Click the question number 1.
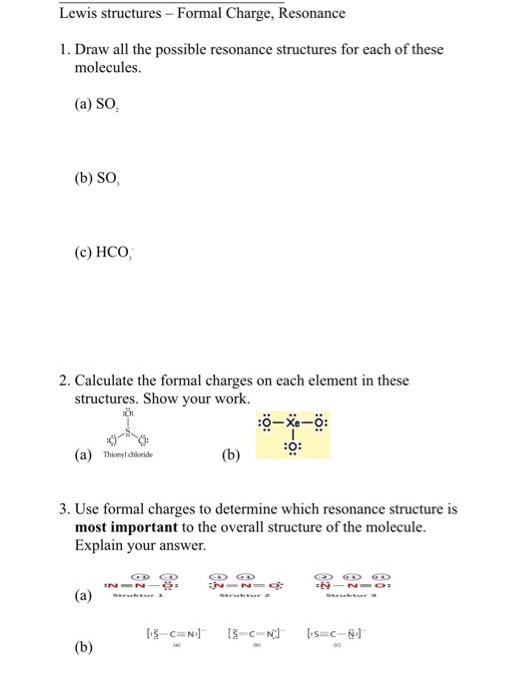click(x=63, y=50)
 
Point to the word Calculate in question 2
click(x=103, y=380)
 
